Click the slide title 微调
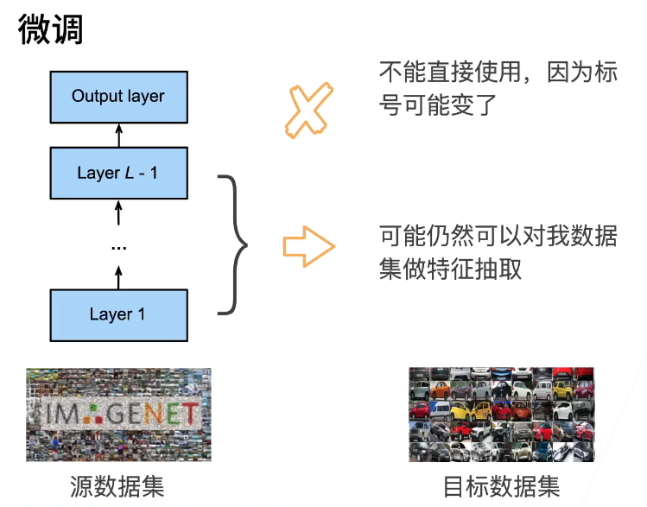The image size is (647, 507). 51,30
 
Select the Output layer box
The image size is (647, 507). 118,96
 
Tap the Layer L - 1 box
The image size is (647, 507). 118,173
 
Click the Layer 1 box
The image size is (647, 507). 118,314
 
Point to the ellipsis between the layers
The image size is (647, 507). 118,248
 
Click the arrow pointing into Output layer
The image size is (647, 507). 119,135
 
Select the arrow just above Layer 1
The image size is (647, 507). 119,276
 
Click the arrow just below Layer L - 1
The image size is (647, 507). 119,212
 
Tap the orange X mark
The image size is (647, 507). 308,111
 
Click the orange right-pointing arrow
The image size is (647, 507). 308,248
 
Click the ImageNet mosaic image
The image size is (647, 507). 118,415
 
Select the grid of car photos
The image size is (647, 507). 501,415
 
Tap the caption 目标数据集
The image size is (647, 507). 501,486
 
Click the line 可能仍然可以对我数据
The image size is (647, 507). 498,235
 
